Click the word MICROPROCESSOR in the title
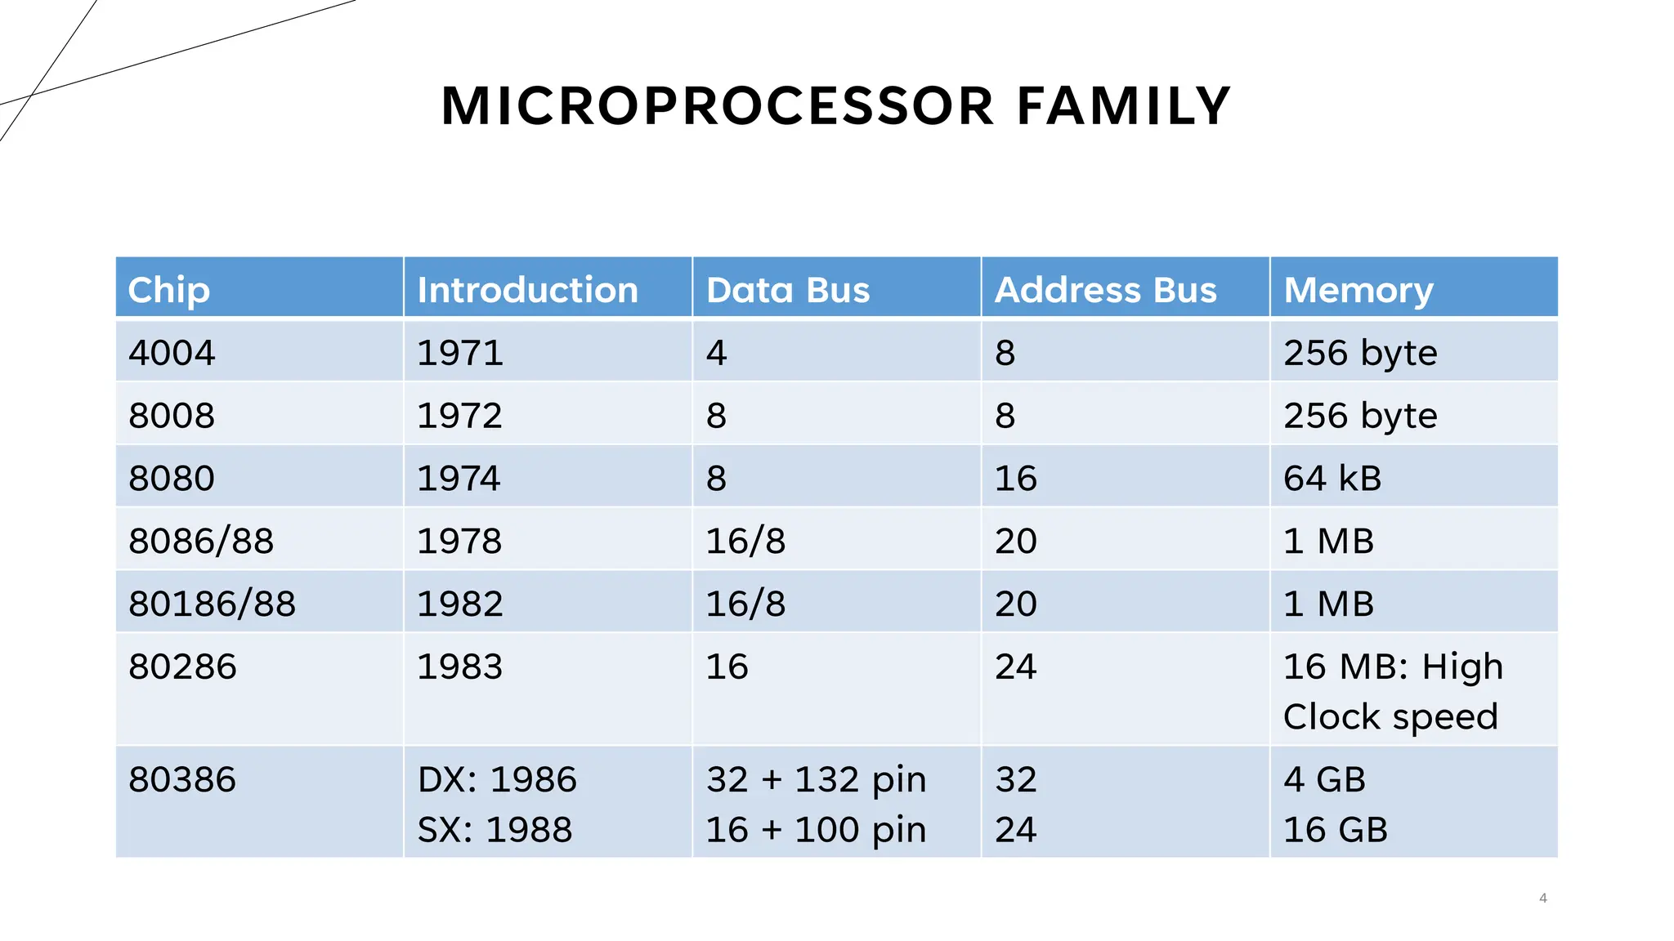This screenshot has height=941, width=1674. [718, 106]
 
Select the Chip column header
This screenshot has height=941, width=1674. [169, 290]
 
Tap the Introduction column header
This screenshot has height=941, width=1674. [527, 290]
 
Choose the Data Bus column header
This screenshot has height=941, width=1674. [788, 290]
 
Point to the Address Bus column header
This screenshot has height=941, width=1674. [1105, 290]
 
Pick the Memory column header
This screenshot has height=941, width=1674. [1358, 290]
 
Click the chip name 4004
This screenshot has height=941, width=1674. [172, 353]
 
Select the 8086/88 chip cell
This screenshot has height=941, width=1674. [201, 541]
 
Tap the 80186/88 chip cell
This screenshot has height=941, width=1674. [212, 604]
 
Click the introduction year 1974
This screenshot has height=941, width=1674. [459, 478]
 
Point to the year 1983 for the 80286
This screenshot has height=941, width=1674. [459, 667]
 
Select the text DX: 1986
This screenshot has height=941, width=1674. [497, 779]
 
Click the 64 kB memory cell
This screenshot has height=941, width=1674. [1332, 478]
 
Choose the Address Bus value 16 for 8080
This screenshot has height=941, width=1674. [1015, 478]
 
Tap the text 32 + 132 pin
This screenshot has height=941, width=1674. [816, 779]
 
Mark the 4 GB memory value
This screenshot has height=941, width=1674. [1324, 779]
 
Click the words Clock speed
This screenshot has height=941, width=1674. [1390, 717]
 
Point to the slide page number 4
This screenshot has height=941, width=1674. [1542, 898]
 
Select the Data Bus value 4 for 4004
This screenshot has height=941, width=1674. [716, 353]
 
